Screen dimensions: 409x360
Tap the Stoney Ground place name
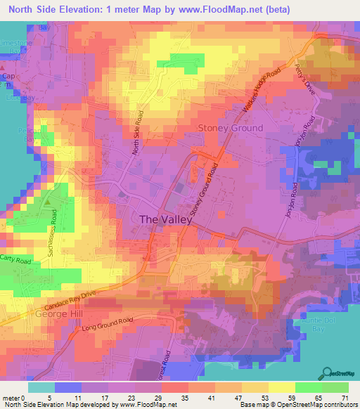(231, 128)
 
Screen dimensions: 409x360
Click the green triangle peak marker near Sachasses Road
(47, 202)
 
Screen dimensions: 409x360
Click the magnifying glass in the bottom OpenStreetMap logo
(328, 372)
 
